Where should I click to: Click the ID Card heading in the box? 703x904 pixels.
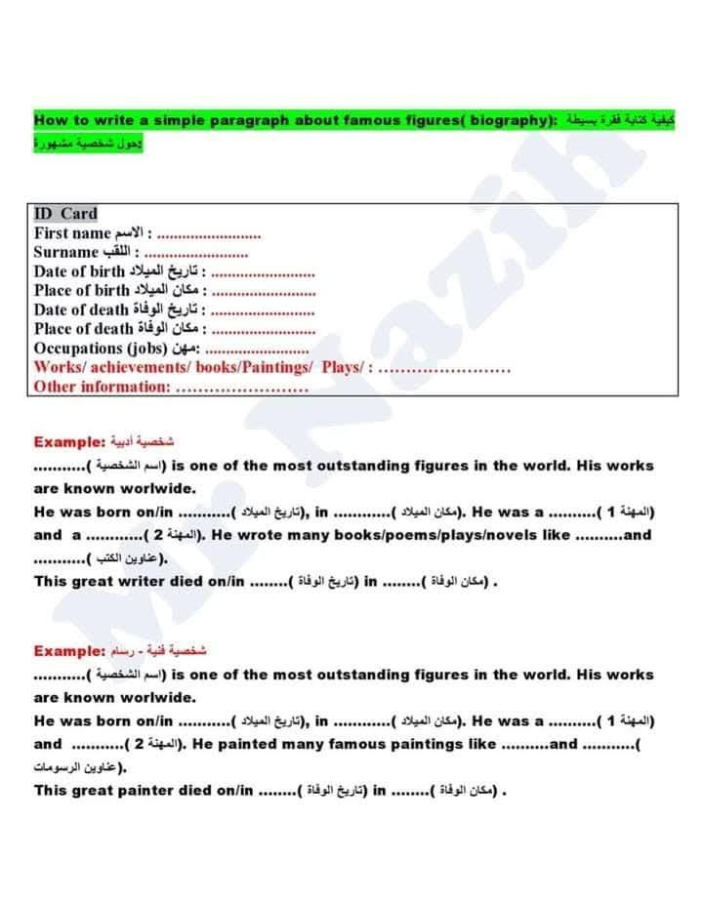[x=65, y=214]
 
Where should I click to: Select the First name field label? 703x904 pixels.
[x=72, y=233]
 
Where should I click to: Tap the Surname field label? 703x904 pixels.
[x=66, y=252]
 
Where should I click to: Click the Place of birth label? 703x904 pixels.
[x=82, y=291]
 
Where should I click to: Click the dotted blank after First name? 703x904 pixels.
[x=209, y=234]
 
